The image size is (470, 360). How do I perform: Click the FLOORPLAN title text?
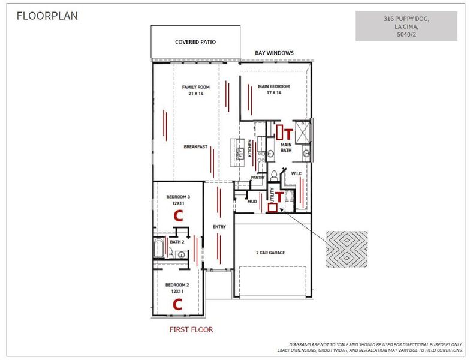[x=47, y=16]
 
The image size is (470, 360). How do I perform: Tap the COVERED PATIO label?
[x=195, y=43]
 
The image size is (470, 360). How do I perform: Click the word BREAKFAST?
[x=195, y=146]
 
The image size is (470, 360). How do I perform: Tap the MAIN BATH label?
[x=287, y=147]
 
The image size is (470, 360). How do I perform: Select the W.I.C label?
[x=296, y=174]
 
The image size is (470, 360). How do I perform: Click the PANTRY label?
[x=258, y=178]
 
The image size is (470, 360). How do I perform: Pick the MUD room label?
[x=252, y=202]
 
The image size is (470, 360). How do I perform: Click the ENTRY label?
[x=219, y=226]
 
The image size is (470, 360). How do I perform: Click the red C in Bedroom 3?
[x=177, y=216]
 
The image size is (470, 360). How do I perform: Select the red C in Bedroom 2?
[x=177, y=304]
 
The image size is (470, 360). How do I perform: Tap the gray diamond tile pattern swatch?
[x=347, y=249]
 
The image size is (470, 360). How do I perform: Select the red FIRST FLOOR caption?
[x=191, y=329]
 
